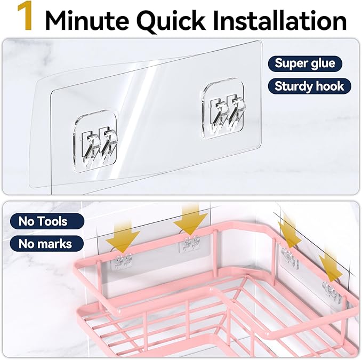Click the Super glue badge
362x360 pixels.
click(304, 63)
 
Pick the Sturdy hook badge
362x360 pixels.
click(309, 86)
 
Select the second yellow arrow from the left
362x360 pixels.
click(191, 219)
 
